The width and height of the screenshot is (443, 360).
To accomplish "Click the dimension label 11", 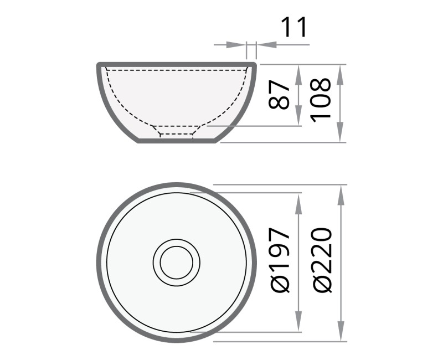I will tap(294, 28).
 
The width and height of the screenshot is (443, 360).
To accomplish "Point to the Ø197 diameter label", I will tap(280, 261).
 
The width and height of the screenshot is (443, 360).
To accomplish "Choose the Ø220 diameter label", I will tap(322, 260).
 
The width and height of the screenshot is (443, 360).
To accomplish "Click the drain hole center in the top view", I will tap(176, 261).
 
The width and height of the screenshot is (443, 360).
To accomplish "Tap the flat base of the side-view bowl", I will tap(176, 142).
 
